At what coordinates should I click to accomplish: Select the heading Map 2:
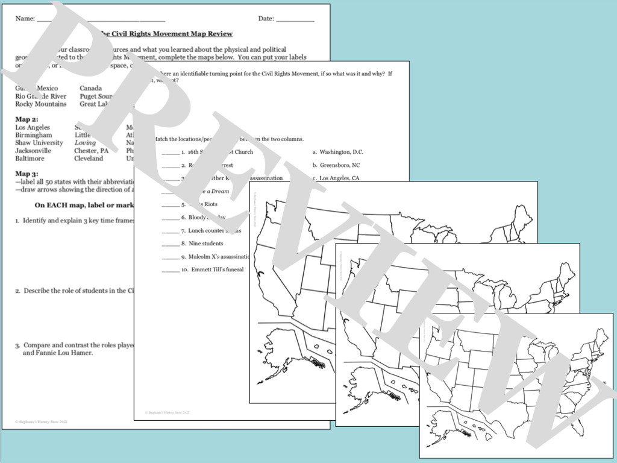pos(27,119)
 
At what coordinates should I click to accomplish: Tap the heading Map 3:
pos(27,174)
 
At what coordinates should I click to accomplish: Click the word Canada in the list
pos(90,89)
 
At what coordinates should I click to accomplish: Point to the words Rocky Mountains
pos(41,104)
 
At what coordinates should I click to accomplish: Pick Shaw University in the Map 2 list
pos(39,143)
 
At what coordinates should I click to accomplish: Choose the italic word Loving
pos(85,143)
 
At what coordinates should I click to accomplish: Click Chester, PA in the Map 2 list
pos(92,151)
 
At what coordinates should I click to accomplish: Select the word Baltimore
pos(30,159)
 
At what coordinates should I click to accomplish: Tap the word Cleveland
pos(89,159)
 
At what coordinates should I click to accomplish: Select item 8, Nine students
pos(205,244)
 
